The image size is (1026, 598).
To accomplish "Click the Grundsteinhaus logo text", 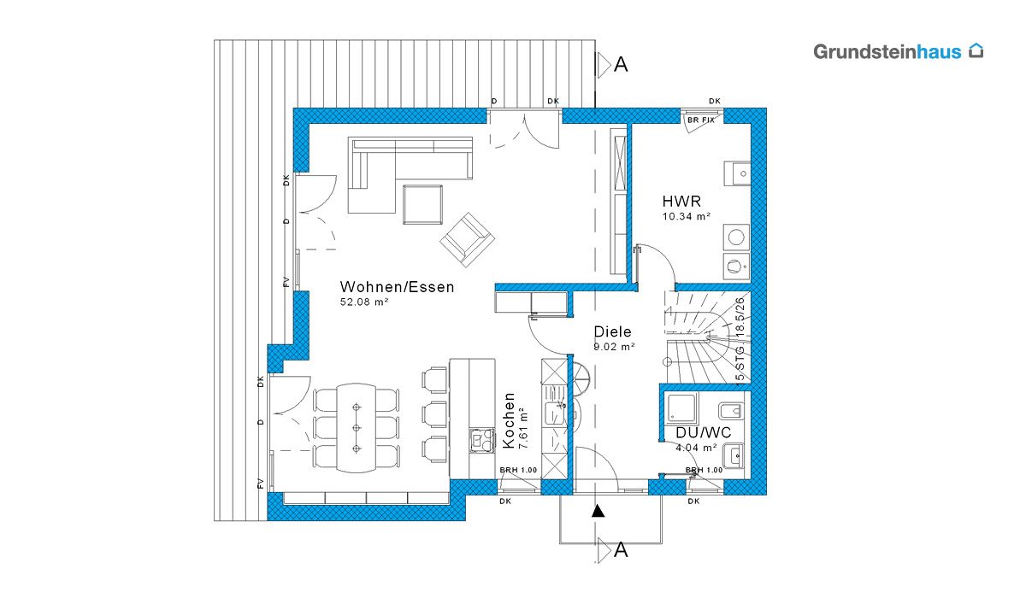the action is (x=887, y=52).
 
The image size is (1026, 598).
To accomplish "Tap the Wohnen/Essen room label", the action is (x=397, y=287).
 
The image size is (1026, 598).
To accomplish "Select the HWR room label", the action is (x=681, y=201).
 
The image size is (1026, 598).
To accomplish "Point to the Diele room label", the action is (x=612, y=331).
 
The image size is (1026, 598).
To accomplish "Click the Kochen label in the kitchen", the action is (x=509, y=420).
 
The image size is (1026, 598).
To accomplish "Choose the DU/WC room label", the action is (x=704, y=432).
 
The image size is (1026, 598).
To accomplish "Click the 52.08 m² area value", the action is (x=364, y=302).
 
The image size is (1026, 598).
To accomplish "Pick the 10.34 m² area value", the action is (x=686, y=216).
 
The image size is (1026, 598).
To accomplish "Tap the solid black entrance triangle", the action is (x=598, y=511).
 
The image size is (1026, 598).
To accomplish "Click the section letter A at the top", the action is (x=621, y=65).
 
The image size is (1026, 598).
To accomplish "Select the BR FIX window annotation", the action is (x=701, y=120).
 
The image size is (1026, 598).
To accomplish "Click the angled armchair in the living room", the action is (x=467, y=239).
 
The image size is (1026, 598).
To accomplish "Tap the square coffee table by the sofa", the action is (x=422, y=204).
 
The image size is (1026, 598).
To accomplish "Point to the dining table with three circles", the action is (x=357, y=428).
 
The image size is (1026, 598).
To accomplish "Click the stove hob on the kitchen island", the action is (x=482, y=440).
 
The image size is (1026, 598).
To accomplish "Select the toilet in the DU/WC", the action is (x=730, y=411).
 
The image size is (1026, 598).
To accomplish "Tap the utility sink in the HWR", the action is (x=737, y=173).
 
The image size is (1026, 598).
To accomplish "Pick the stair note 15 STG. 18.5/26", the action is (x=740, y=341).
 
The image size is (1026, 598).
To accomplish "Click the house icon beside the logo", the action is (x=976, y=50).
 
